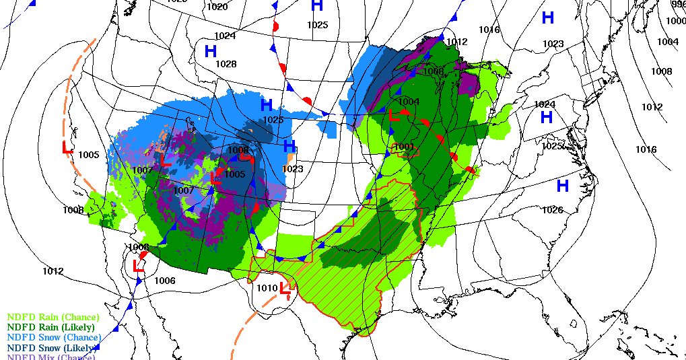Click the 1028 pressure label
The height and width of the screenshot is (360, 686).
coord(226,64)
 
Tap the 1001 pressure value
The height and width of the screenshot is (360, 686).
coord(404,147)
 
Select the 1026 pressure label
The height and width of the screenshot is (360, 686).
coord(552,210)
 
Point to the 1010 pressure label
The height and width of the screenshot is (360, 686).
coord(267,288)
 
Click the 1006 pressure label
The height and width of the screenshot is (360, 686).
coord(165,281)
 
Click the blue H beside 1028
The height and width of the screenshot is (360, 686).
coord(211,51)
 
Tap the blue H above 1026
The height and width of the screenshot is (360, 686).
coord(562,186)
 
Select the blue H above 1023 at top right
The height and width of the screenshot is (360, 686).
coord(548,18)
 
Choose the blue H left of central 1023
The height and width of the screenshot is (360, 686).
coord(289,146)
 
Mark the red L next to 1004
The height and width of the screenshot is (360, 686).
coord(395,115)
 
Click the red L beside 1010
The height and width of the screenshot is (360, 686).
coord(285,289)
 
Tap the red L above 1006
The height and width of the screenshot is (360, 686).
coord(139,264)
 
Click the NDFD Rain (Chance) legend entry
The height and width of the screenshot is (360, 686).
coord(53,317)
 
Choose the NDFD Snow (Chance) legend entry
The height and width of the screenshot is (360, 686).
coord(54,337)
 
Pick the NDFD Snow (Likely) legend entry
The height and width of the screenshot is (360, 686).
coord(53,348)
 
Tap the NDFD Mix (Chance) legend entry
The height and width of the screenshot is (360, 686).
coord(51,357)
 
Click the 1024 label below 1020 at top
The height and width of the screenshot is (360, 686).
coord(225,36)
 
